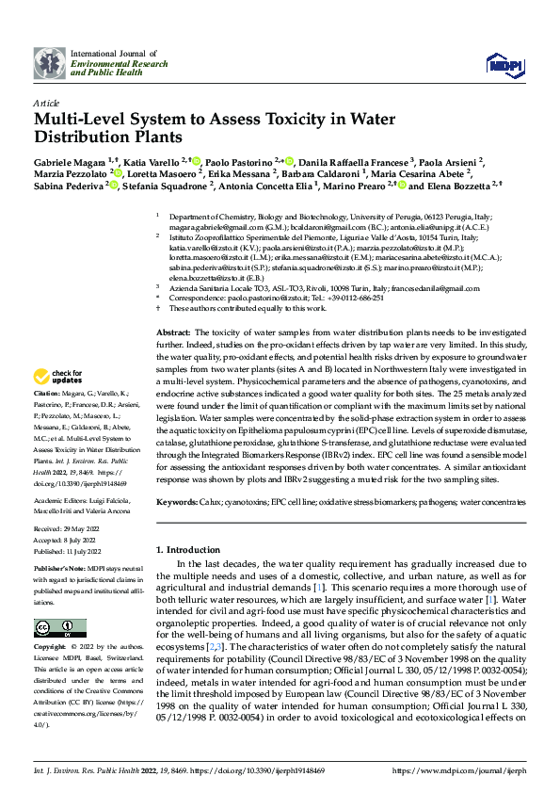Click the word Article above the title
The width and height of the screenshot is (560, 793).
pos(45,103)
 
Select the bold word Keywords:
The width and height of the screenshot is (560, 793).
pos(176,503)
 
